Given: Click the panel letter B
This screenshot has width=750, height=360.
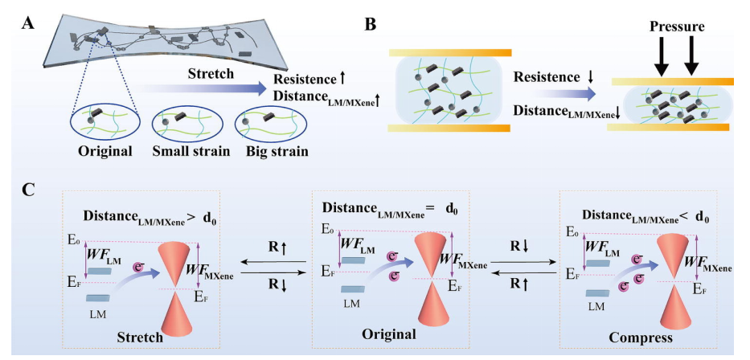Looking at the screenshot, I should coord(371,25).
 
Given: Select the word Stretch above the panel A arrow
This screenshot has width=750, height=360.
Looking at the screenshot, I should coord(211,74).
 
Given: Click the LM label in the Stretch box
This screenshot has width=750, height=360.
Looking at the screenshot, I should coord(96,309).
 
